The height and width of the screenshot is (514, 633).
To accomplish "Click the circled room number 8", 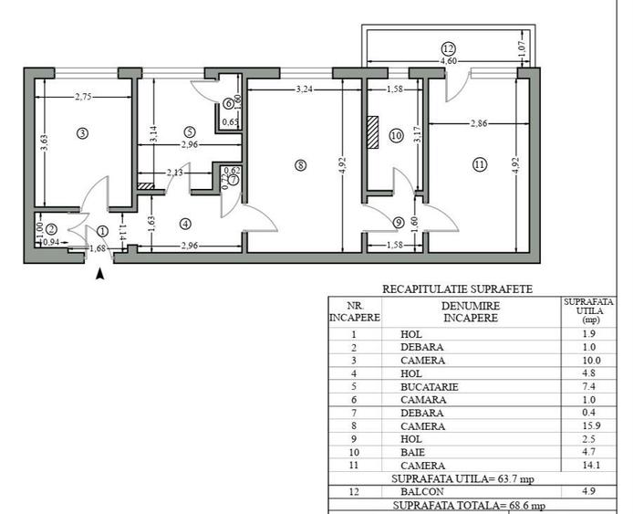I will point(300,165).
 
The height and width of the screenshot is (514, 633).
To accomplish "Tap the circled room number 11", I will point(480,164).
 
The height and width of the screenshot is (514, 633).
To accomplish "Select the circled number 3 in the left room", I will point(82,133).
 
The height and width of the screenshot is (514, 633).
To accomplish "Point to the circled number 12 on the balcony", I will point(447,48).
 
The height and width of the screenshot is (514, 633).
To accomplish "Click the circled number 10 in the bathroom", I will point(395,135).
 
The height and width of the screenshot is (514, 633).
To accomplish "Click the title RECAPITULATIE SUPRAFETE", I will point(457,289).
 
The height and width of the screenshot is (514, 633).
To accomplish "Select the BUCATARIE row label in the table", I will point(432,387).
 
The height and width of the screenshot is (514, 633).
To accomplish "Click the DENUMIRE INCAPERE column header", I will point(470,312).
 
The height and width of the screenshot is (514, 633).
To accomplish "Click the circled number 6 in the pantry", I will point(229,104).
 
